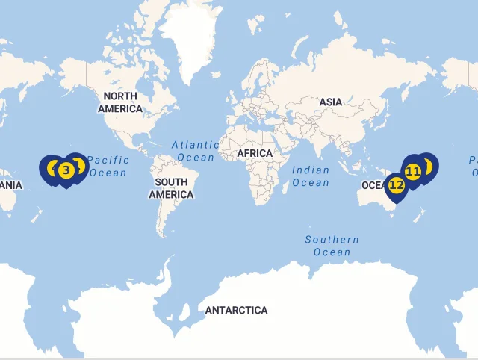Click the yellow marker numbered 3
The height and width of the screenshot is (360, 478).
(x=66, y=170)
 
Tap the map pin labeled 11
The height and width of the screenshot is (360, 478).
(x=413, y=171)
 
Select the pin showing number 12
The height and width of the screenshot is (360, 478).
(x=396, y=184)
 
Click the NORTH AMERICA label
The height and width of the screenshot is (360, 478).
(x=120, y=102)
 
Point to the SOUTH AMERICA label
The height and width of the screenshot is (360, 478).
(x=171, y=188)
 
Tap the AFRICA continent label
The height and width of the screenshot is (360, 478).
(x=255, y=153)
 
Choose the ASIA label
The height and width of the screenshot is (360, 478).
(x=331, y=102)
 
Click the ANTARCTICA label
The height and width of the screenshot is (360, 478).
(x=236, y=310)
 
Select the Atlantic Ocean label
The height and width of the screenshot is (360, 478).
(x=195, y=151)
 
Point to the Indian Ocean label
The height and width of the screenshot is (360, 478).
(x=311, y=176)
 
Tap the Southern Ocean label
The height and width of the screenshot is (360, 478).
(x=332, y=246)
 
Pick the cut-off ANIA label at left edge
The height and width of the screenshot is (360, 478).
(x=10, y=185)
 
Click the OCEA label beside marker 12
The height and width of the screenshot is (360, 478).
(x=372, y=185)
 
